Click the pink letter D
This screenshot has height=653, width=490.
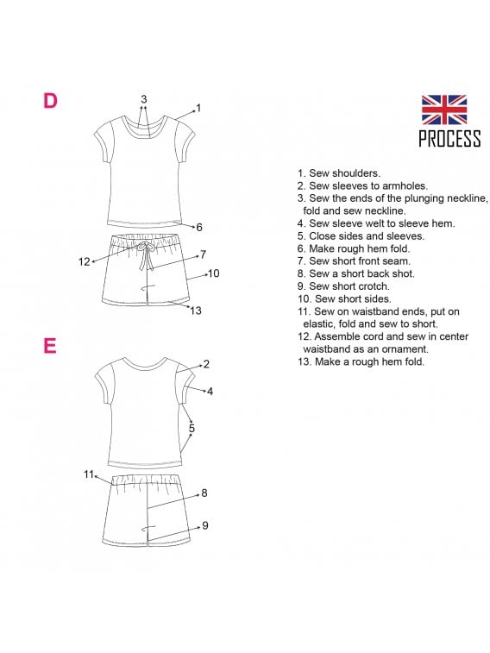(50, 100)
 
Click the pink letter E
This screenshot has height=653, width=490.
(50, 346)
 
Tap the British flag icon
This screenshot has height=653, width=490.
(443, 110)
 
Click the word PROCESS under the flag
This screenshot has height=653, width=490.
(449, 138)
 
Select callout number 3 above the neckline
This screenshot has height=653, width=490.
(144, 99)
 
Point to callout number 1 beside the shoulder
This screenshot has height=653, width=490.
(198, 108)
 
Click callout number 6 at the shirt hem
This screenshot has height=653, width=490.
(199, 227)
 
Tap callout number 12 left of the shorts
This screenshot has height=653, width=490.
(84, 261)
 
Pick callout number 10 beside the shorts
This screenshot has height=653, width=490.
(214, 273)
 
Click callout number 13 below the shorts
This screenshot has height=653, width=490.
(196, 311)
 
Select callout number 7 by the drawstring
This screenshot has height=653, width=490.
(203, 254)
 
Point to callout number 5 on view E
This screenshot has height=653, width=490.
(192, 428)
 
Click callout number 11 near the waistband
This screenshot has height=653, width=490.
(89, 474)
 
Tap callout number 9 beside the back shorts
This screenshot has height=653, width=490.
(204, 525)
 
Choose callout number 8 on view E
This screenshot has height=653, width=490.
(204, 493)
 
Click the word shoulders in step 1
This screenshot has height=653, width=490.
(356, 173)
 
